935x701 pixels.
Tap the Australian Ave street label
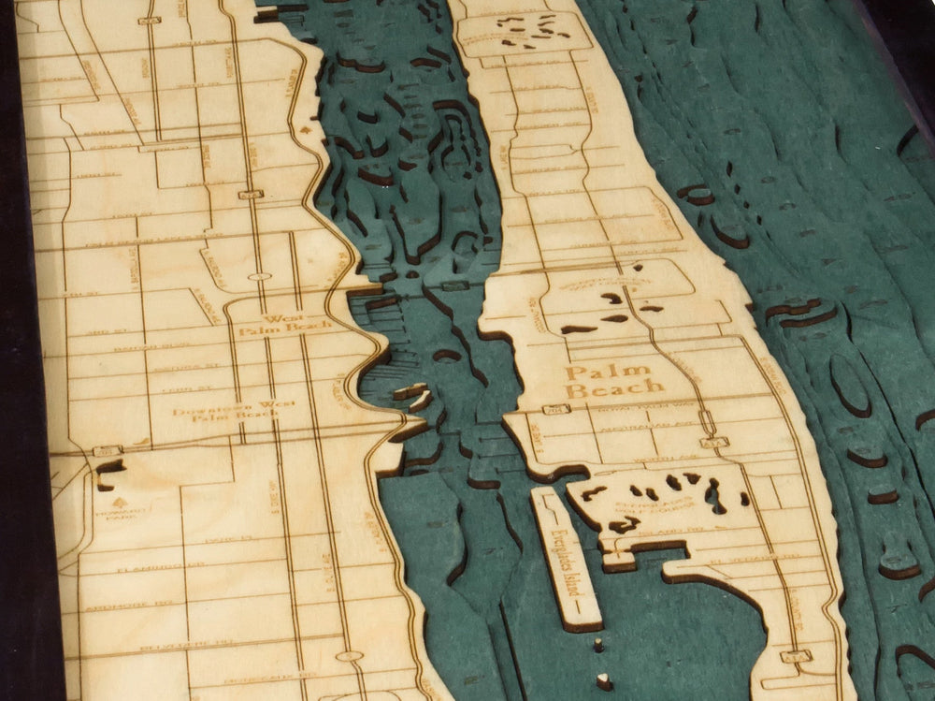(x=645, y=425)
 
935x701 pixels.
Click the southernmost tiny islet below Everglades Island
(x=604, y=681)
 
